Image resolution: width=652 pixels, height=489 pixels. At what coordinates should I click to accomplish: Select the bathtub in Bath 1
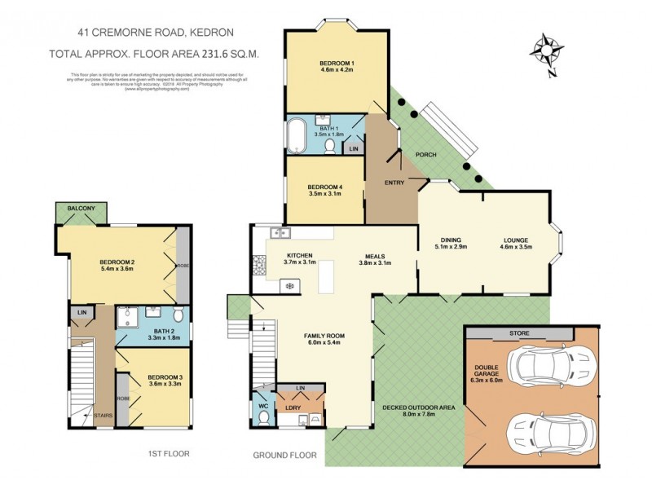pyautogui.click(x=297, y=135)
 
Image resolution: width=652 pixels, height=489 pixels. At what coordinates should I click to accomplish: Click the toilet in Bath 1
pyautogui.click(x=330, y=147)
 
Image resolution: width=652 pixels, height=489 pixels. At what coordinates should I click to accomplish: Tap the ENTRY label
pyautogui.click(x=394, y=183)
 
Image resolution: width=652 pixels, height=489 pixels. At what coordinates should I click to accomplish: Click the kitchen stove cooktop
pyautogui.click(x=259, y=262)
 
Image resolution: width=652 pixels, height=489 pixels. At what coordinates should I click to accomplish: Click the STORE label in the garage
pyautogui.click(x=519, y=333)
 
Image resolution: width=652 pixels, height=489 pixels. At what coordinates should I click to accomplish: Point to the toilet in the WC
pyautogui.click(x=262, y=416)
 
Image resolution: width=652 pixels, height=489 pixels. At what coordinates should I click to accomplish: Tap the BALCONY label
pyautogui.click(x=81, y=209)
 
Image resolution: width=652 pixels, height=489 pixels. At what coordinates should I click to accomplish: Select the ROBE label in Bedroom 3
pyautogui.click(x=121, y=399)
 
